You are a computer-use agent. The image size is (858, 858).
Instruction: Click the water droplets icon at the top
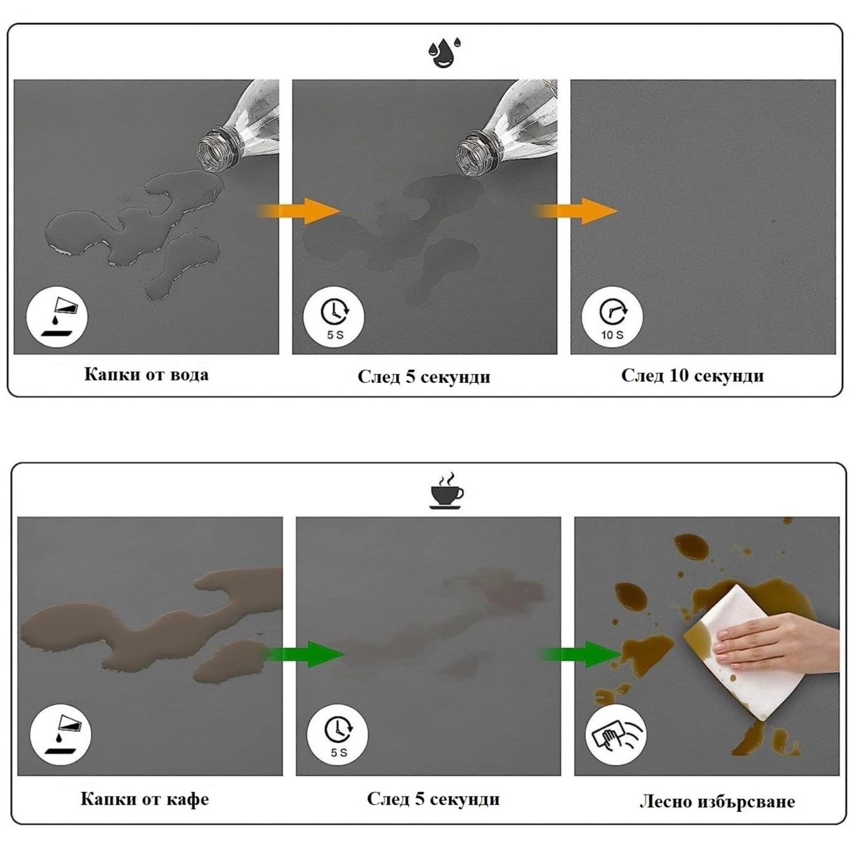click(x=444, y=53)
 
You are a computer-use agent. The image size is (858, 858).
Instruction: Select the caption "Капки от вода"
click(x=147, y=375)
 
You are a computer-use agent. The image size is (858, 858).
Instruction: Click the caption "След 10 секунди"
click(x=693, y=376)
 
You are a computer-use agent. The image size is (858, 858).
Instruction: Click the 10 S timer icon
click(x=612, y=317)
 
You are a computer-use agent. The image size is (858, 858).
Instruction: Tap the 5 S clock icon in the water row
click(x=334, y=317)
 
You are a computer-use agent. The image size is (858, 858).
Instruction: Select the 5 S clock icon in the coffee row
click(x=338, y=735)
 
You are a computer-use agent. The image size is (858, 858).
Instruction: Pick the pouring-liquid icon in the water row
click(x=57, y=317)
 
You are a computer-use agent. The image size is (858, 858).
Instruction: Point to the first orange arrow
click(x=299, y=211)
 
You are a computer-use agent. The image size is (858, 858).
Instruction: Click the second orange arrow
click(x=578, y=211)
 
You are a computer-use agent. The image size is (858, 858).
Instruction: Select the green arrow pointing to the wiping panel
click(x=582, y=654)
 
